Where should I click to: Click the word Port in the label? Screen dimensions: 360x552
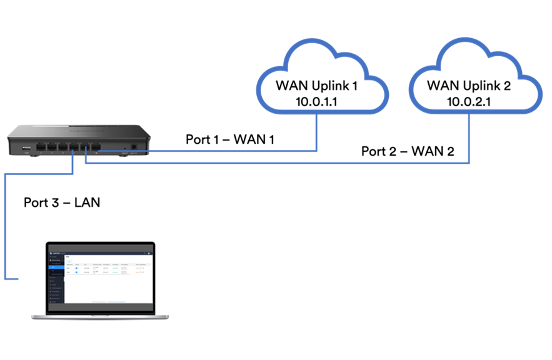click(x=36, y=202)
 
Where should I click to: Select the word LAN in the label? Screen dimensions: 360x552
click(x=87, y=202)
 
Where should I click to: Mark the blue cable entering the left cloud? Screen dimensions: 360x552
click(x=316, y=131)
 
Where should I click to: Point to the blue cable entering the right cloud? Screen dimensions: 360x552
click(x=469, y=137)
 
